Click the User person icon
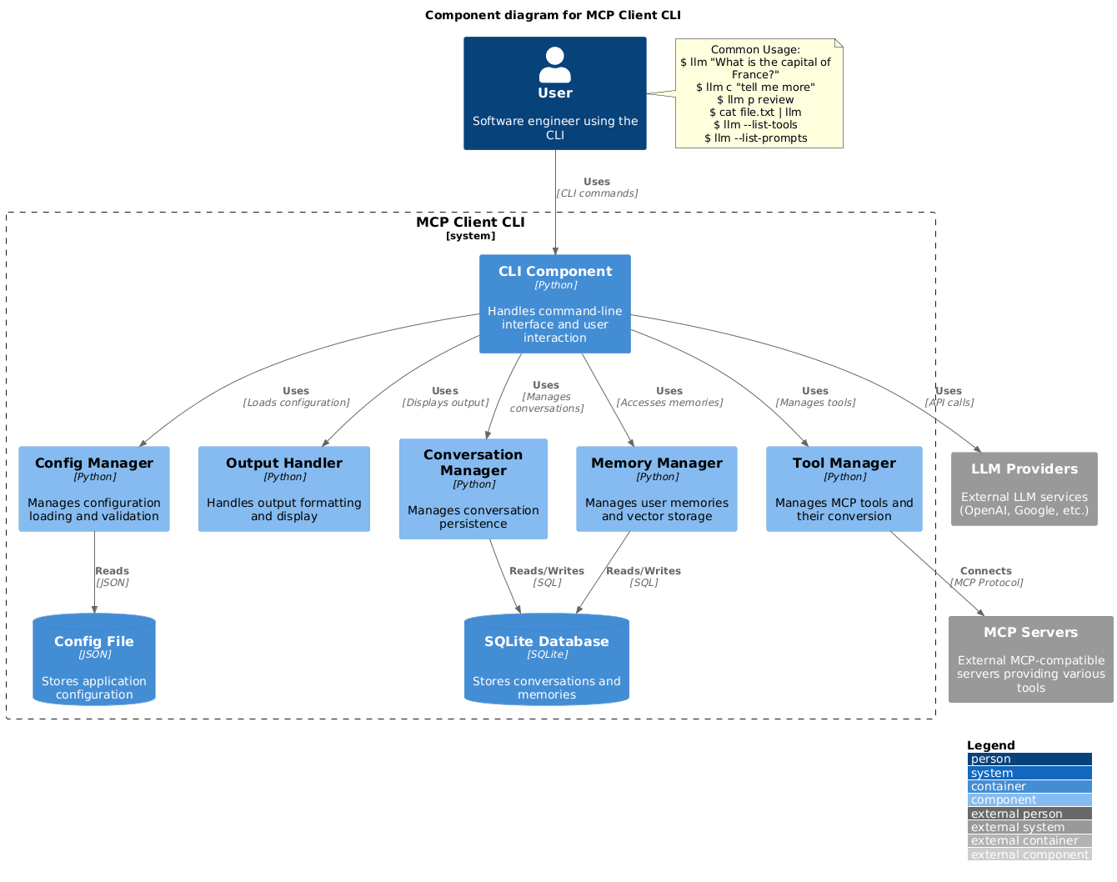pyautogui.click(x=554, y=65)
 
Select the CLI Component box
pyautogui.click(x=554, y=303)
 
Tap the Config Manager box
pyautogui.click(x=94, y=489)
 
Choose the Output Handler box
pyautogui.click(x=283, y=489)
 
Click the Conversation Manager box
pyautogui.click(x=473, y=489)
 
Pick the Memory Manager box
pyautogui.click(x=656, y=489)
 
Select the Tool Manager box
pyautogui.click(x=844, y=489)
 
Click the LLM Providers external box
pyautogui.click(x=1024, y=489)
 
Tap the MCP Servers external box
pyautogui.click(x=1030, y=659)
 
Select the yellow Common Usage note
pyautogui.click(x=759, y=93)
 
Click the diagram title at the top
pyautogui.click(x=553, y=15)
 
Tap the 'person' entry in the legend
pyautogui.click(x=1029, y=759)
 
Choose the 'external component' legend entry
pyautogui.click(x=1029, y=854)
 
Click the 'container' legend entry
pyautogui.click(x=1029, y=786)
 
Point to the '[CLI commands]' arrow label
pyautogui.click(x=597, y=193)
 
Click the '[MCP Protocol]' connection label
pyautogui.click(x=986, y=583)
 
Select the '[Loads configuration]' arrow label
pyautogui.click(x=296, y=403)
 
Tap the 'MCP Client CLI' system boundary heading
pyautogui.click(x=470, y=223)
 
